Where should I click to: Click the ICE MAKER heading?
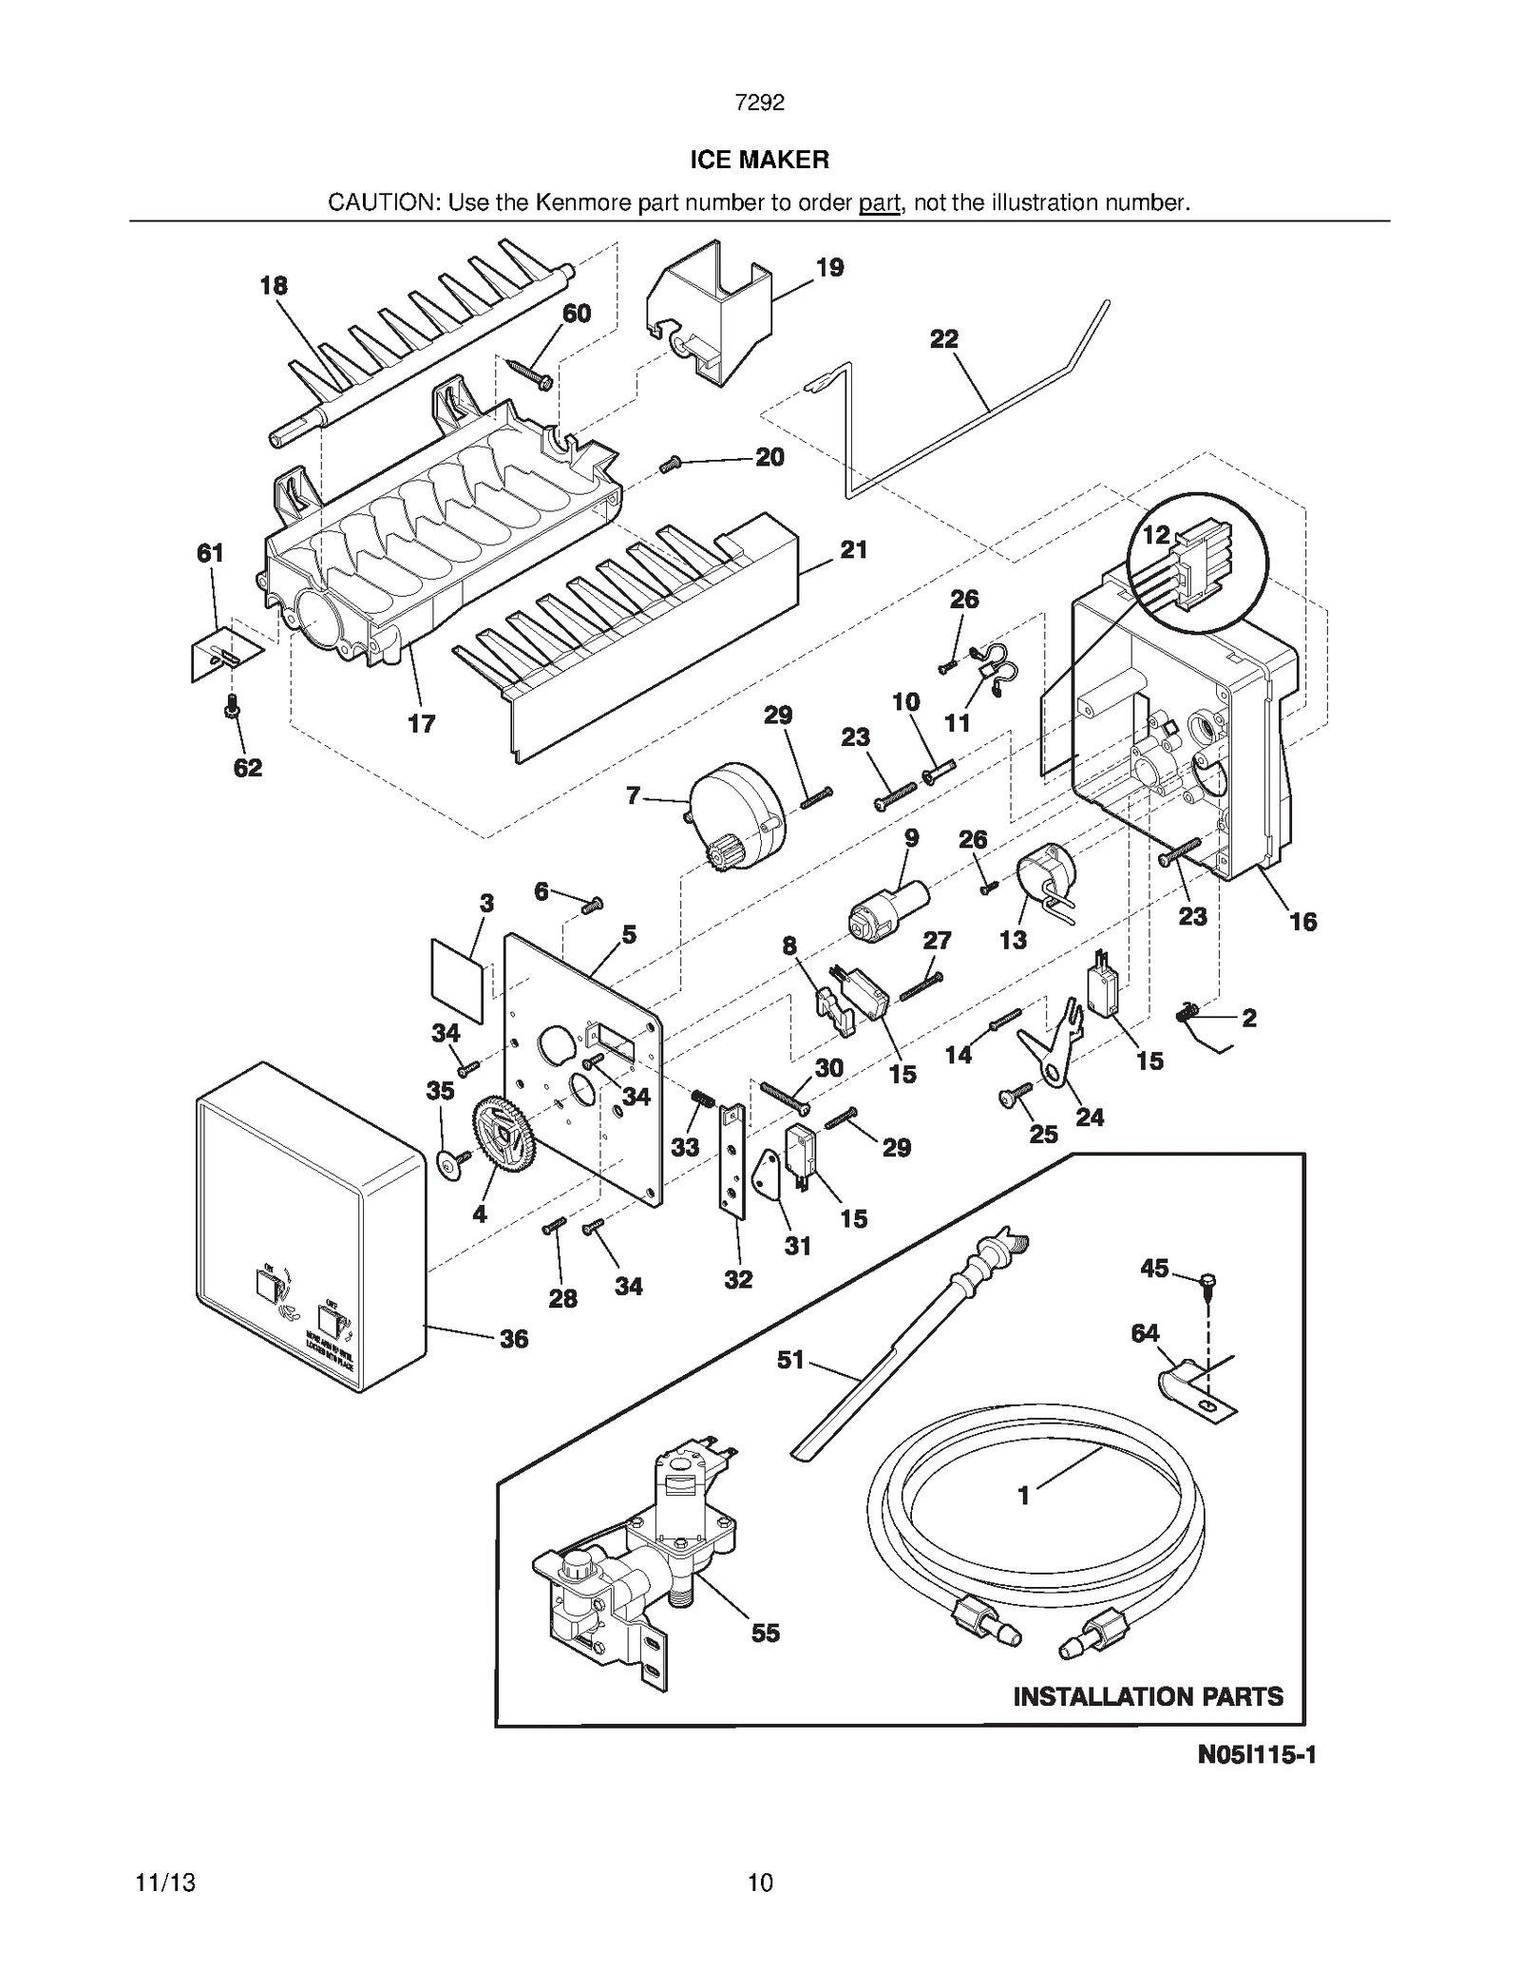[759, 160]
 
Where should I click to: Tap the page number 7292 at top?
[759, 103]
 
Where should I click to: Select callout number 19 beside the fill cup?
[829, 268]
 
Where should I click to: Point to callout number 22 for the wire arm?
[943, 339]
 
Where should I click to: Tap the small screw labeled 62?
[230, 707]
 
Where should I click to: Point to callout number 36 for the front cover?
[513, 1339]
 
